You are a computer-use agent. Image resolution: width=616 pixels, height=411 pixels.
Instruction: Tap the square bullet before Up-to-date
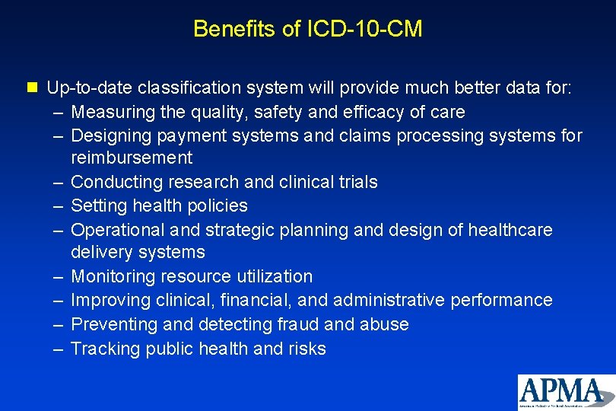pos(30,88)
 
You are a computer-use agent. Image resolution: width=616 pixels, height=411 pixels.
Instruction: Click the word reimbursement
pos(132,158)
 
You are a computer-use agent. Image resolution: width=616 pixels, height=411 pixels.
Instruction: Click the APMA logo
pos(565,392)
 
